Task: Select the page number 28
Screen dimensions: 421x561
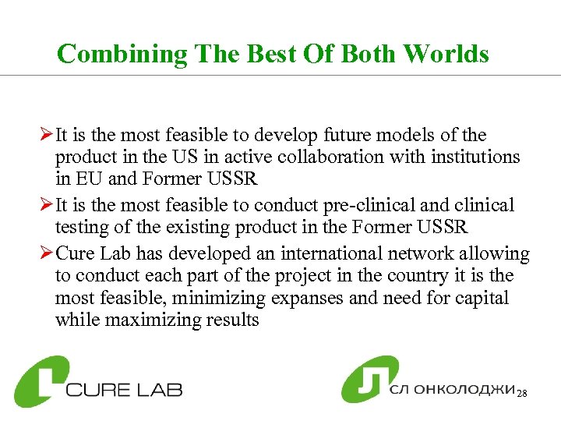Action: tap(522, 394)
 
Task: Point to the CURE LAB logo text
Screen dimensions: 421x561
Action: tap(124, 388)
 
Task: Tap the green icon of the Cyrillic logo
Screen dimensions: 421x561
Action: tap(369, 379)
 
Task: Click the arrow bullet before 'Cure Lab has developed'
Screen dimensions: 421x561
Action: tap(48, 254)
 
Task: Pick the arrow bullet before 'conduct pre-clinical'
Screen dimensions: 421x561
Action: tap(48, 206)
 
